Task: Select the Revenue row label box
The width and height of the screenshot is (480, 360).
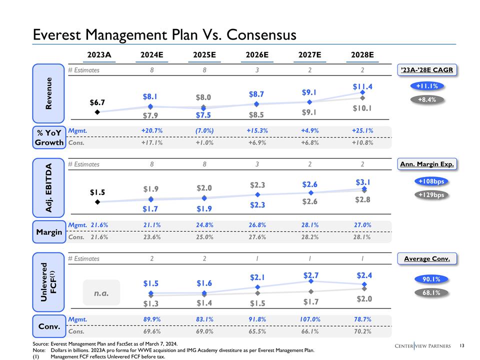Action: [x=48, y=93]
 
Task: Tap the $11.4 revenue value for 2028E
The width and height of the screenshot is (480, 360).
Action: [x=362, y=86]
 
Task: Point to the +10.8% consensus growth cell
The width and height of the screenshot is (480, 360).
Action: [x=362, y=142]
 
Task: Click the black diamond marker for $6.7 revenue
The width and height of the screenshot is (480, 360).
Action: [x=97, y=112]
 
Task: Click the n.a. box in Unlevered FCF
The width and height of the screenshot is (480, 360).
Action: [x=101, y=292]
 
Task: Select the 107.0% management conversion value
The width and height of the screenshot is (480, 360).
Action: [x=310, y=319]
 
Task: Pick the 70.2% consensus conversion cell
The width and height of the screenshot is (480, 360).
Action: [x=362, y=330]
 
